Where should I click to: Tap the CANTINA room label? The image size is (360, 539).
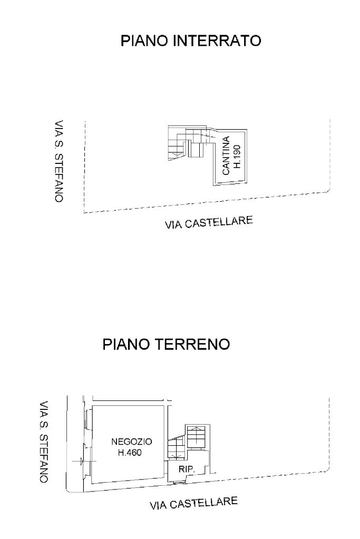(x=226, y=156)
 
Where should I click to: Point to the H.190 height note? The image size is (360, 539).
(x=237, y=156)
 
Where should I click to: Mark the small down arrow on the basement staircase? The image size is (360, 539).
(x=174, y=154)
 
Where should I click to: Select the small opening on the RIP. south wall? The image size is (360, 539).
(x=176, y=481)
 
